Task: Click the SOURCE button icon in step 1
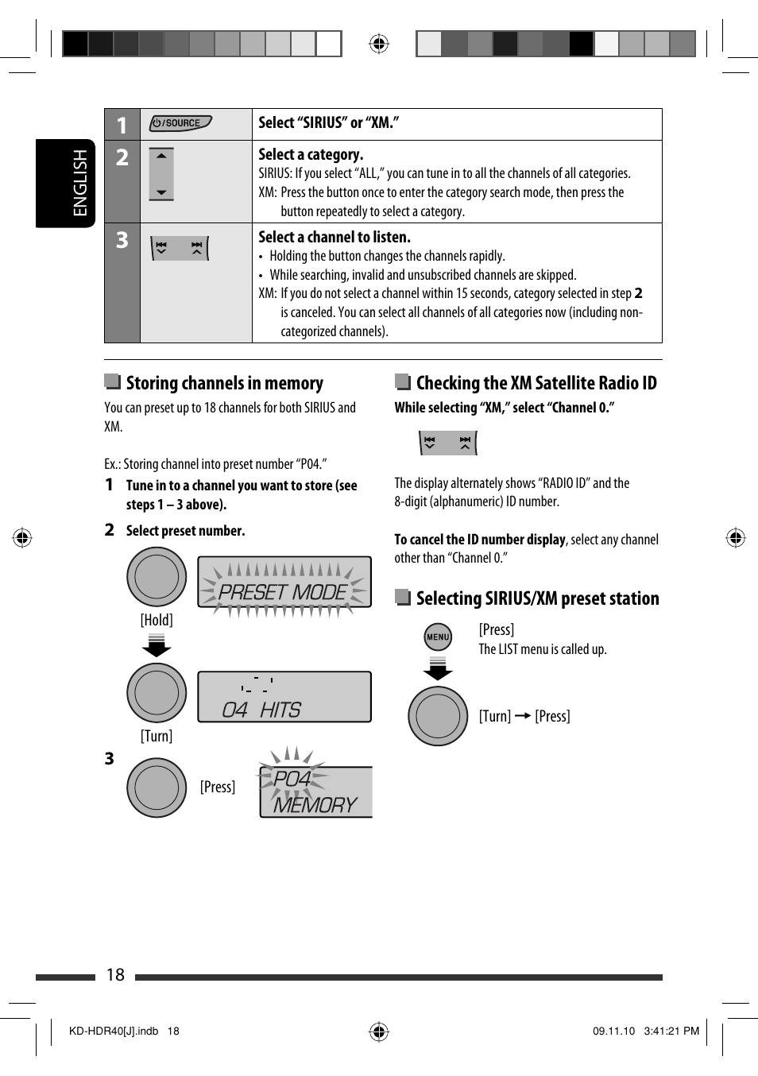[x=180, y=123]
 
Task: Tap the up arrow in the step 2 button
[x=161, y=156]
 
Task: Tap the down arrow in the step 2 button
[x=161, y=192]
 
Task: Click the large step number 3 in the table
[x=122, y=240]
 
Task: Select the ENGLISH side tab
[x=65, y=184]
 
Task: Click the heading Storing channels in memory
[x=224, y=383]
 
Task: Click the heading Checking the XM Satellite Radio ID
[x=536, y=383]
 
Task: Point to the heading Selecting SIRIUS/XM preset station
[x=537, y=598]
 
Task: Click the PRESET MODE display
[x=284, y=586]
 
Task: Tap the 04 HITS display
[x=284, y=697]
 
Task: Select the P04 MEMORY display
[x=315, y=791]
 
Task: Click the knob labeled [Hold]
[x=157, y=577]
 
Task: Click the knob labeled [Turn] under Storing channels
[x=157, y=693]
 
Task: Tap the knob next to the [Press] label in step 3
[x=157, y=788]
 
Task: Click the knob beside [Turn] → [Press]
[x=438, y=716]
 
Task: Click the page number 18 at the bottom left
[x=115, y=975]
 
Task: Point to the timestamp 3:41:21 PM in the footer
[x=671, y=1031]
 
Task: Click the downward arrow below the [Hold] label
[x=157, y=646]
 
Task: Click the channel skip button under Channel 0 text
[x=448, y=443]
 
